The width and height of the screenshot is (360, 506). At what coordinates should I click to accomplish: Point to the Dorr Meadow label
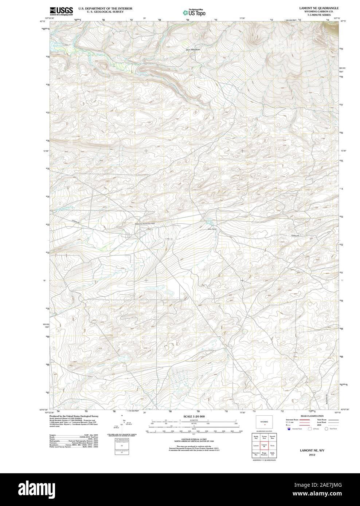(x=193, y=49)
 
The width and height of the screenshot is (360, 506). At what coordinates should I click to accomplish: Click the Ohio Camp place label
(x=212, y=229)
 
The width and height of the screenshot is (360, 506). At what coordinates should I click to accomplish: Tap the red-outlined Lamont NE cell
(x=265, y=445)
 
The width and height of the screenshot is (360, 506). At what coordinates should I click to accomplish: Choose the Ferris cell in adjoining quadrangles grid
(x=272, y=445)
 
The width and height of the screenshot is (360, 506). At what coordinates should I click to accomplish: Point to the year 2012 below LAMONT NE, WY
(x=312, y=455)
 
